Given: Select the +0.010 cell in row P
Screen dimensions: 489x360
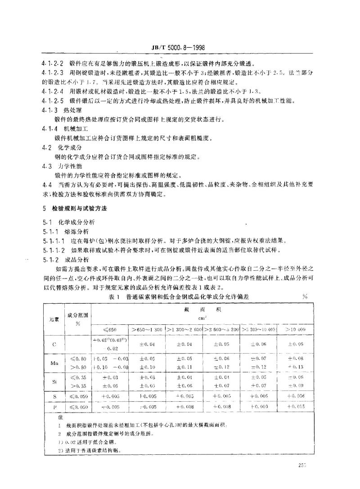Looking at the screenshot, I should [x=258, y=407].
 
